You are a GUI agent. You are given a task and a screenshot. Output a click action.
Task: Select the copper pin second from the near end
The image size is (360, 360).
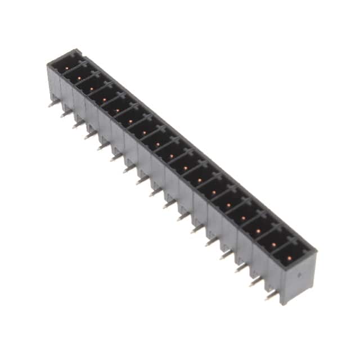point(273,243)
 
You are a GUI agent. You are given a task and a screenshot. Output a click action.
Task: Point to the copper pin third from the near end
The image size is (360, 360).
point(258,230)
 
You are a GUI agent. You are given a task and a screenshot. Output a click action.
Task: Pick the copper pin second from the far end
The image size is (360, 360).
point(79,77)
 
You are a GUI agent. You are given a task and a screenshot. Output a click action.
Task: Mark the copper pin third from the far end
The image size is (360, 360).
point(92,88)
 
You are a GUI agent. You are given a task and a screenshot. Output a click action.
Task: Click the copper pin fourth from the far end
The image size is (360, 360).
point(105,100)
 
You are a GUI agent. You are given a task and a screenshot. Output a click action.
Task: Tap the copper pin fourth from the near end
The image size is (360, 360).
point(243,218)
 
